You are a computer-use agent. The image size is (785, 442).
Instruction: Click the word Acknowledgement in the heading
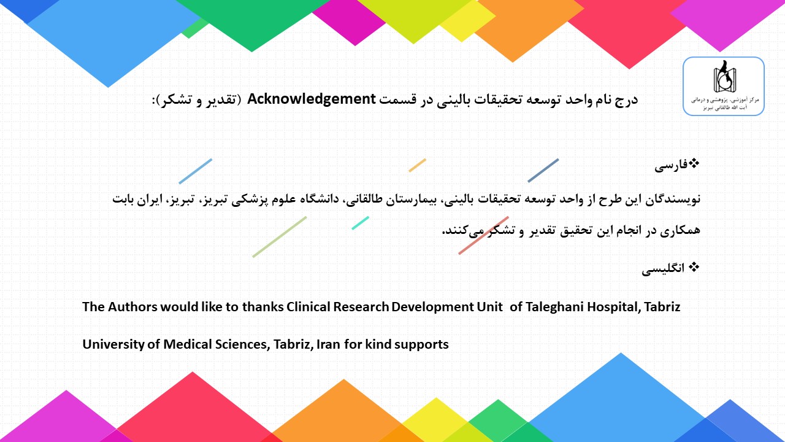pos(311,99)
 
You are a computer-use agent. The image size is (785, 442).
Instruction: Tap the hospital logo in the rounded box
pos(724,87)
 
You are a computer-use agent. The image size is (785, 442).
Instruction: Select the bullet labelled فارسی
pos(676,165)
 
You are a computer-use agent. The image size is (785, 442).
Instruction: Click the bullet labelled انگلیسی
pos(670,268)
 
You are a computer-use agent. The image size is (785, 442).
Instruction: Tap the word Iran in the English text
pos(328,344)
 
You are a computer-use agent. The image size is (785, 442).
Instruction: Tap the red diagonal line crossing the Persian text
pos(484,235)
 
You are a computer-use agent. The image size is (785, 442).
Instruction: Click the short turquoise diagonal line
pos(360,223)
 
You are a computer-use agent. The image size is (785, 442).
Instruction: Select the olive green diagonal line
pos(279,237)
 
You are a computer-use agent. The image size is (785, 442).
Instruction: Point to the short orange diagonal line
pos(418,165)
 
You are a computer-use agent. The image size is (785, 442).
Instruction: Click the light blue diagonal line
pos(195,171)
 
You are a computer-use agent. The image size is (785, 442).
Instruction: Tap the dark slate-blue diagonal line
pos(543,171)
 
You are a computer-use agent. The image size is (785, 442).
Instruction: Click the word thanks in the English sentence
pos(263,307)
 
